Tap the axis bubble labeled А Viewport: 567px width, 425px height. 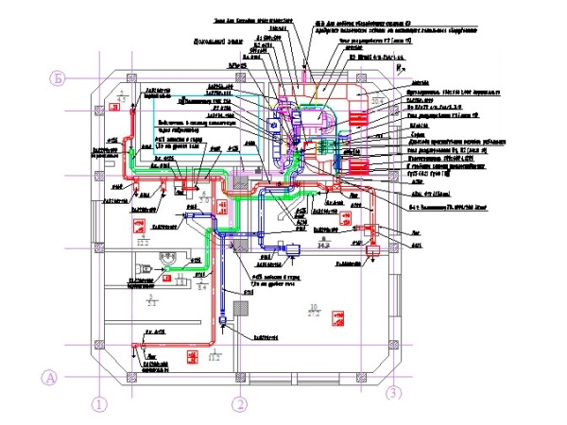(53, 378)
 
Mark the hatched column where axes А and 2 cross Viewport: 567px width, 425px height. (239, 377)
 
